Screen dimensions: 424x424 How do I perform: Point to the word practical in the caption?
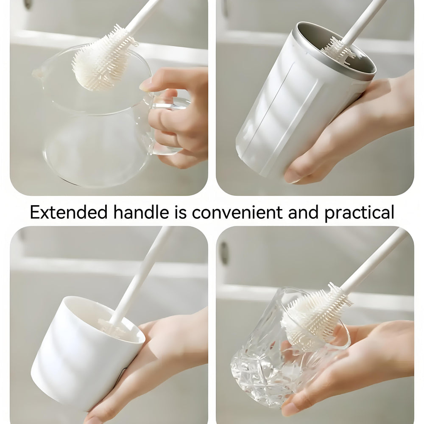(359, 212)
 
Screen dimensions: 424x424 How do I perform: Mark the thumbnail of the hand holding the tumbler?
(293, 176)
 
